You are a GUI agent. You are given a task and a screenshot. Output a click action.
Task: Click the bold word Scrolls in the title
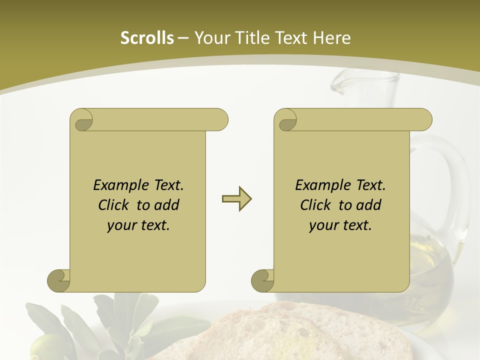pos(147,38)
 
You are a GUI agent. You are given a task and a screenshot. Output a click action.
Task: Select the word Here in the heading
pos(331,38)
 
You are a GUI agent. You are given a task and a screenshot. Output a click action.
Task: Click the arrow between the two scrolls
pos(236,199)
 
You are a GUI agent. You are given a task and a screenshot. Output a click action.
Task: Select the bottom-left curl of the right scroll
pos(263,280)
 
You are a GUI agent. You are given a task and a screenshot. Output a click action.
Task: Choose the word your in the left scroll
pos(122,225)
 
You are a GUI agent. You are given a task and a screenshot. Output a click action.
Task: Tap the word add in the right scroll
pos(369,205)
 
